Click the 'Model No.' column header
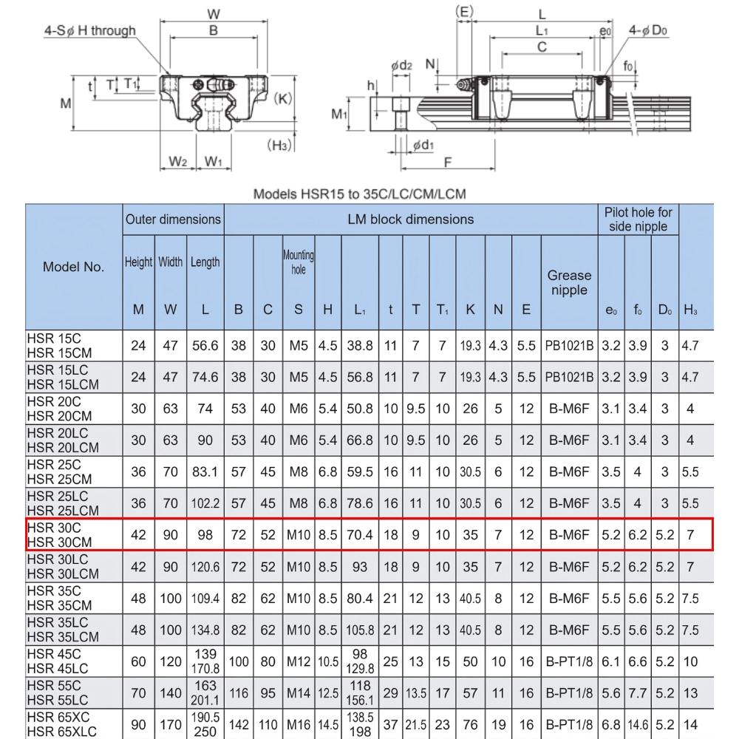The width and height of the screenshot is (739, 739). click(x=74, y=267)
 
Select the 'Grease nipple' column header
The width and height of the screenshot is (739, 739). click(x=569, y=282)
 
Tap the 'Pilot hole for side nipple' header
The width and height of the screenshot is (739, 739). click(x=638, y=219)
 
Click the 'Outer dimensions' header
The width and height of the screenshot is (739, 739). click(x=173, y=219)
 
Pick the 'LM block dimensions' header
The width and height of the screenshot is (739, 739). click(x=410, y=219)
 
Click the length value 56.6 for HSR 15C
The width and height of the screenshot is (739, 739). click(x=205, y=345)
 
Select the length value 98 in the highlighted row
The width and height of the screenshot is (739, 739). click(x=205, y=534)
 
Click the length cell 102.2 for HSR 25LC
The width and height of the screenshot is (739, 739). click(x=205, y=503)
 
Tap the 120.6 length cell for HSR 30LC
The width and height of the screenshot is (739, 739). click(x=205, y=566)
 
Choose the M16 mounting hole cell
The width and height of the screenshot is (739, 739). click(x=298, y=724)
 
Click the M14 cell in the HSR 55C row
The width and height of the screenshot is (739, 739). click(x=298, y=693)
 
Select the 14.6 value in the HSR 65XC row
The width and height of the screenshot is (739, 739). click(x=638, y=724)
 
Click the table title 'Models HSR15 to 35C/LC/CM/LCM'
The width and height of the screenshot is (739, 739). click(x=360, y=194)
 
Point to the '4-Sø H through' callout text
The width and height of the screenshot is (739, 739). click(x=89, y=30)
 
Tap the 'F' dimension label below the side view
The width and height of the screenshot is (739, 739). click(x=447, y=163)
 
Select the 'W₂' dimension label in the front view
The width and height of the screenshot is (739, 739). click(x=177, y=161)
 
